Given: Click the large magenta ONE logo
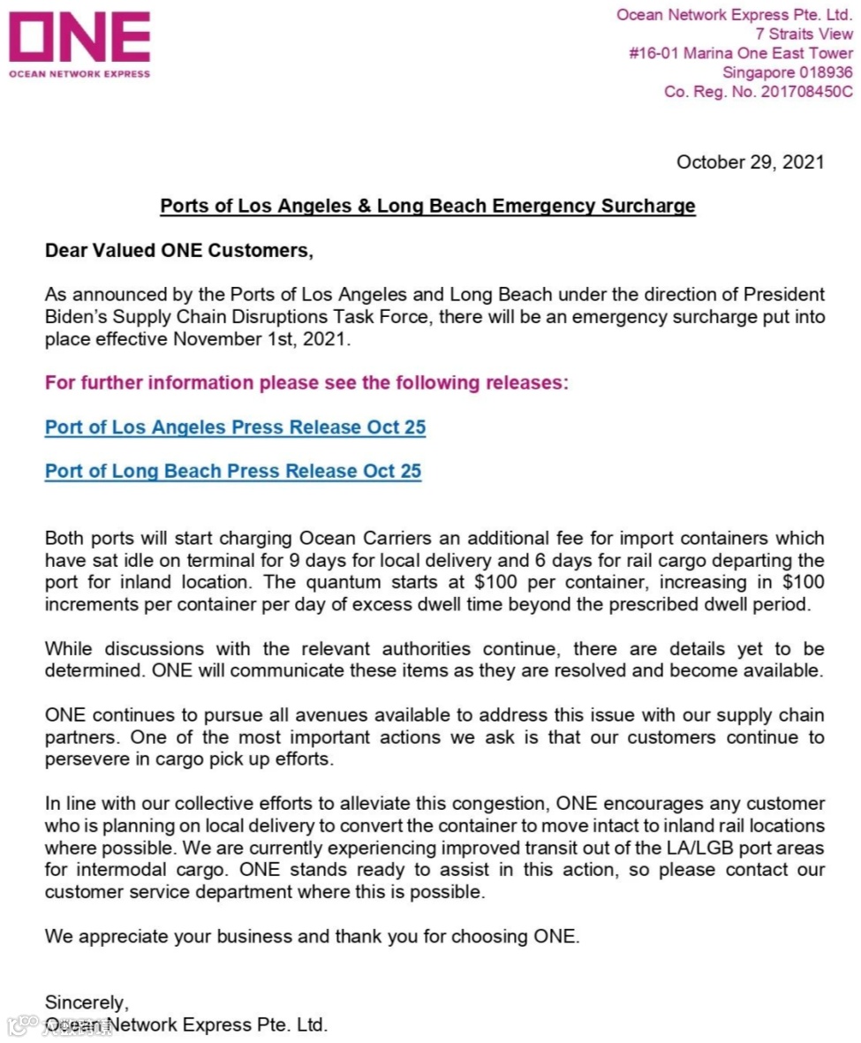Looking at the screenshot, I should click(x=79, y=38).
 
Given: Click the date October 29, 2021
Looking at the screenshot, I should click(x=750, y=162).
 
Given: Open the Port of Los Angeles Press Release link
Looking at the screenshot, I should click(x=235, y=427).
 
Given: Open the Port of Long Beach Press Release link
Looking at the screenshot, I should click(x=233, y=471).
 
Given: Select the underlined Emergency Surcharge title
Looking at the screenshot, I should click(x=427, y=207).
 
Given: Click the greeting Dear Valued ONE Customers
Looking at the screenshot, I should click(x=179, y=251).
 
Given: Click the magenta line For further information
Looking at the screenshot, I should click(x=307, y=383).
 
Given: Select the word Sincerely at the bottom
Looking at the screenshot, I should click(x=87, y=1002).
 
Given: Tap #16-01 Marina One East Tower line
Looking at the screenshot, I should click(x=740, y=53).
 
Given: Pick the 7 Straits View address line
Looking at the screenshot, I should click(x=804, y=34).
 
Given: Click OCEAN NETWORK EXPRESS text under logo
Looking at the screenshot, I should click(x=79, y=74).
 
